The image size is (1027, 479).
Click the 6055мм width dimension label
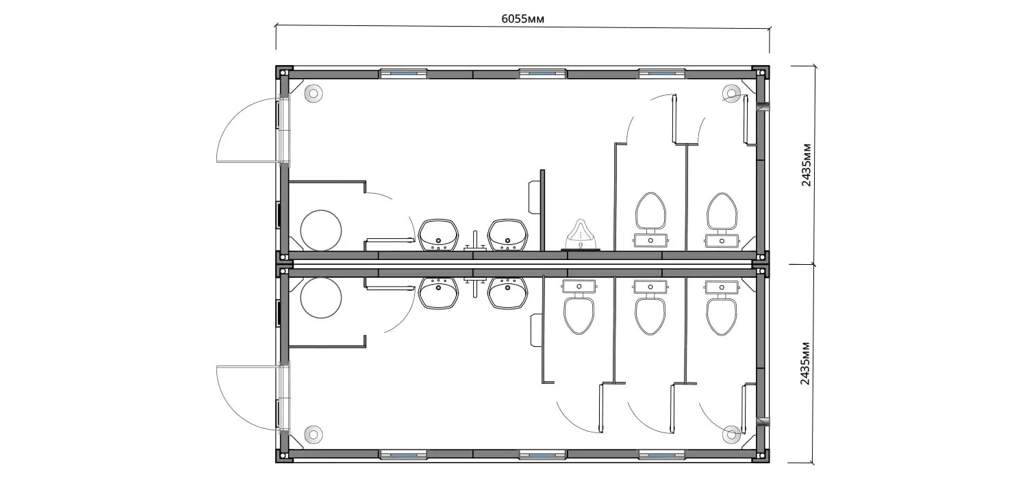coord(522,18)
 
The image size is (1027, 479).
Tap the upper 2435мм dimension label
coord(806,165)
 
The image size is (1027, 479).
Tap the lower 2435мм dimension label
coord(805,363)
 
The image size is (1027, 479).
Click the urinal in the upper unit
coord(581,234)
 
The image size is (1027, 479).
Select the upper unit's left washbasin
coord(439,235)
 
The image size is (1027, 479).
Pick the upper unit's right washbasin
coord(507,235)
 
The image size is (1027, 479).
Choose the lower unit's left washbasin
coord(438,292)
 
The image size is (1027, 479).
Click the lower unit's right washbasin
coord(507,292)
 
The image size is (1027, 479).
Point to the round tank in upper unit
coord(321,230)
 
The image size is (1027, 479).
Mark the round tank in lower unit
coord(321,298)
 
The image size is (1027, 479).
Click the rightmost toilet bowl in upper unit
coord(722,220)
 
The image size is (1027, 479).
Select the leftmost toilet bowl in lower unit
coord(579,307)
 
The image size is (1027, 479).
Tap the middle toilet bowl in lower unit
coord(650,307)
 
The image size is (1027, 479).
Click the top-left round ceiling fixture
coord(314,94)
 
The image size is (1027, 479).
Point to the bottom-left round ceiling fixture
coord(314,434)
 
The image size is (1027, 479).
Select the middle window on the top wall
coord(542,73)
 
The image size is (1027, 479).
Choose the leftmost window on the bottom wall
coord(403,454)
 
